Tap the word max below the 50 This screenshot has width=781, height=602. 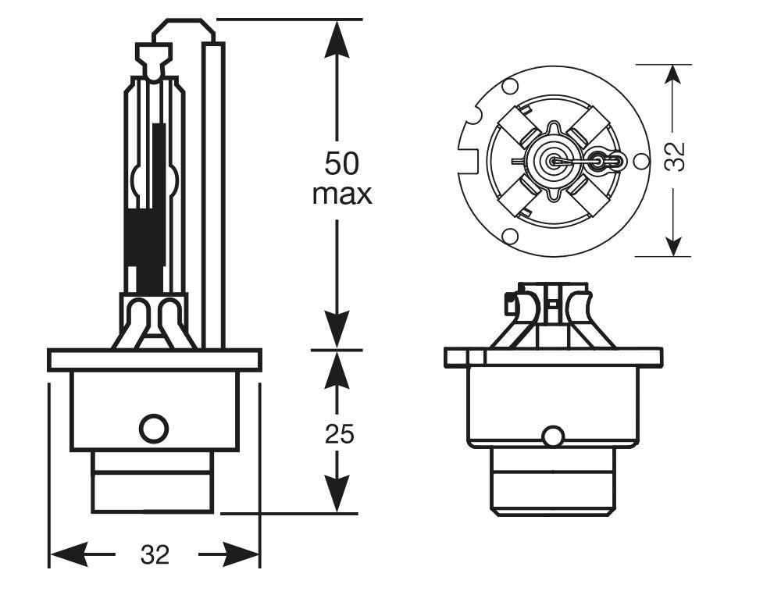point(341,194)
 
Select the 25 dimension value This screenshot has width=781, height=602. point(339,433)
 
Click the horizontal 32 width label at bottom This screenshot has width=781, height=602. point(155,554)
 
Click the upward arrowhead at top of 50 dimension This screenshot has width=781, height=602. point(337,36)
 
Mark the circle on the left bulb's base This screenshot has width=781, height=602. point(153,428)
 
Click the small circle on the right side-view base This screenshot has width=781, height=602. point(553,436)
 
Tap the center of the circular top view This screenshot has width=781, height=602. point(553,162)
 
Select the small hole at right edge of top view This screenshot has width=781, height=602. point(640,162)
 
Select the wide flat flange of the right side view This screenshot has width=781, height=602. point(553,357)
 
